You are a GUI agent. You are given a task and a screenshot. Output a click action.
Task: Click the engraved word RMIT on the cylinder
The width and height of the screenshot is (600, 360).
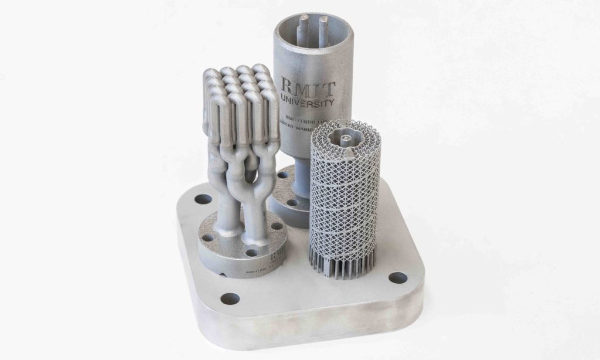pyautogui.click(x=308, y=89)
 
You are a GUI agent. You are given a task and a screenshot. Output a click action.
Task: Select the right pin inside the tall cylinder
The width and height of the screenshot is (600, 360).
pyautogui.click(x=323, y=26)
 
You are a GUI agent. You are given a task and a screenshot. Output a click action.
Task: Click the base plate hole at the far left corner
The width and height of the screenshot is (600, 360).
pyautogui.click(x=203, y=199)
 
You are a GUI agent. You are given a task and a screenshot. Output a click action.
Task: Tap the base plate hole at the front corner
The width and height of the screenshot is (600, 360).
pyautogui.click(x=230, y=298)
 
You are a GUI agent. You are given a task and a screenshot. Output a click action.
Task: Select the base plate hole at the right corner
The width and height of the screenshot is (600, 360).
pyautogui.click(x=397, y=277)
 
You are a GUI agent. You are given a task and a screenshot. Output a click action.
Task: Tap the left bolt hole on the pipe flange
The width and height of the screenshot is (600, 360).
pyautogui.click(x=207, y=238)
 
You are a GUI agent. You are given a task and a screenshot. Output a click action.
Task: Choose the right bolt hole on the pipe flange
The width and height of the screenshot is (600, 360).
pyautogui.click(x=277, y=226)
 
